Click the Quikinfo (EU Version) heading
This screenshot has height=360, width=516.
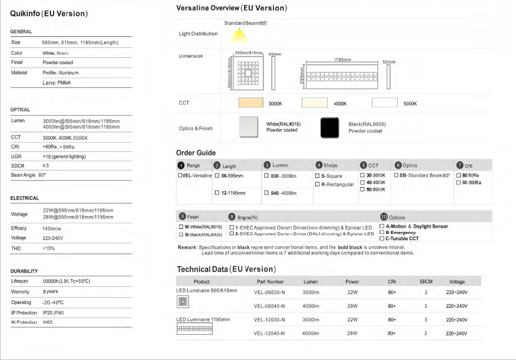coord(49,13)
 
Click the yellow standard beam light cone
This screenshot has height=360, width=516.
coord(241,32)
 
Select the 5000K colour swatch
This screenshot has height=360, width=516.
coord(385,103)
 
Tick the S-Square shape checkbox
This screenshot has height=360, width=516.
coord(317,176)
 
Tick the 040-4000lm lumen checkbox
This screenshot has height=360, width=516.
coord(267,193)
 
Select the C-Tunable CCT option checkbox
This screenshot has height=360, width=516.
coord(382,238)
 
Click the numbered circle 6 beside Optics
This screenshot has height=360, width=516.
coord(398,165)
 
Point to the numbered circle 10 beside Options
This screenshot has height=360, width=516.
coord(384,217)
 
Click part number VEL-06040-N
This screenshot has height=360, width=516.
coord(269,306)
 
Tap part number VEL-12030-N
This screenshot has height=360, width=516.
coord(269,320)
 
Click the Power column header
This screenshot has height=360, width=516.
coord(352,281)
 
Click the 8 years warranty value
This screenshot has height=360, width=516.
coord(50,291)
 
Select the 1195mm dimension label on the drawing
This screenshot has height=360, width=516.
coord(343,60)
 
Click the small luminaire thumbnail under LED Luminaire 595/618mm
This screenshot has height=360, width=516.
coord(182,301)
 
